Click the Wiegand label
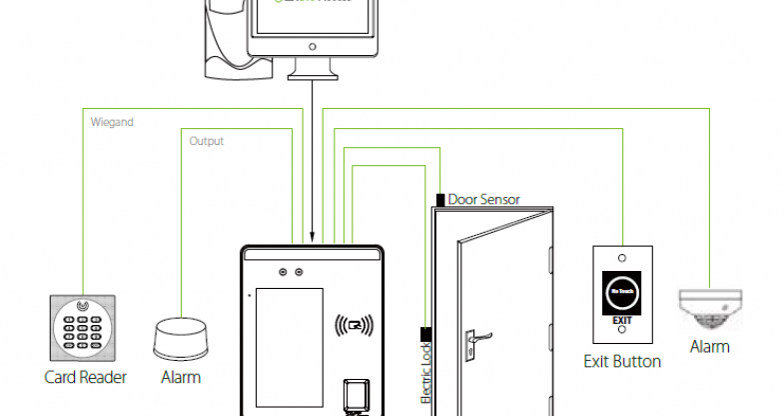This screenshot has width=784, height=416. click(x=113, y=122)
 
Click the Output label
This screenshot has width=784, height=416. click(x=207, y=141)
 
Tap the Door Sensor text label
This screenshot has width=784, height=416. click(x=484, y=200)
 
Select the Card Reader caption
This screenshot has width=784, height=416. click(x=86, y=378)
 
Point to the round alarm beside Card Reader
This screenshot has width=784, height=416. click(x=180, y=339)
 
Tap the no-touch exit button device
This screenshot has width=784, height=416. click(x=622, y=290)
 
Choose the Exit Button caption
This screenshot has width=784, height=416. click(x=622, y=361)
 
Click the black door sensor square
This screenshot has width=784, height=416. click(x=440, y=200)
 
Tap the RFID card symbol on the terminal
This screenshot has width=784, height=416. click(x=355, y=324)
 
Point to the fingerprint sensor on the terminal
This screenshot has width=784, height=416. click(x=356, y=394)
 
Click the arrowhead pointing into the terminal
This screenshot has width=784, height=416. click(x=314, y=236)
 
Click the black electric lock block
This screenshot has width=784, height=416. click(x=425, y=334)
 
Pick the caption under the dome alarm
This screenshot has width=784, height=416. click(x=709, y=347)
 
